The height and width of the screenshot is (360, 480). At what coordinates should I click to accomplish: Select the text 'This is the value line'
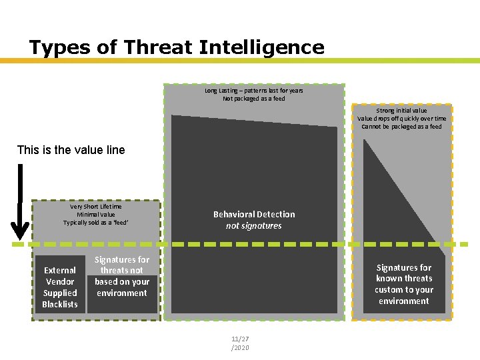71,149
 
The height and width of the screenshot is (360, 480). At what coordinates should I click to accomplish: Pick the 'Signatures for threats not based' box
121,276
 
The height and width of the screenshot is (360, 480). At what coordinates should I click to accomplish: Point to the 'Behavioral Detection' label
253,214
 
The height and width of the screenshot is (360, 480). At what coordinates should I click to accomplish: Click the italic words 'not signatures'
253,226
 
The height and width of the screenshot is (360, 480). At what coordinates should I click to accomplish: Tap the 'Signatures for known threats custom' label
404,284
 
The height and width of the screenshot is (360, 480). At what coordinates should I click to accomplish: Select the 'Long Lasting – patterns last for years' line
253,90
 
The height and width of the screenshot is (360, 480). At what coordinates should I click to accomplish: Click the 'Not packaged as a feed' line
253,99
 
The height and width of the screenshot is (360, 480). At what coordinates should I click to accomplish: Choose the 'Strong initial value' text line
401,111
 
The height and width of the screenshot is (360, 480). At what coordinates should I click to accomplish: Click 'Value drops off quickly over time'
401,119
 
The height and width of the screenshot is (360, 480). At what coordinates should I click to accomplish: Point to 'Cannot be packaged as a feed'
401,127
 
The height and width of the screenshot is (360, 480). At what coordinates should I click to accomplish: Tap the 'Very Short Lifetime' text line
95,207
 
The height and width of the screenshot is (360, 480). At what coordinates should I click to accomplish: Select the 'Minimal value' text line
95,215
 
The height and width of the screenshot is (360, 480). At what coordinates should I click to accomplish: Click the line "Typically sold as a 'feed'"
95,223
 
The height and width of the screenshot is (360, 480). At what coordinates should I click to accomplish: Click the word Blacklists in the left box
60,305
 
